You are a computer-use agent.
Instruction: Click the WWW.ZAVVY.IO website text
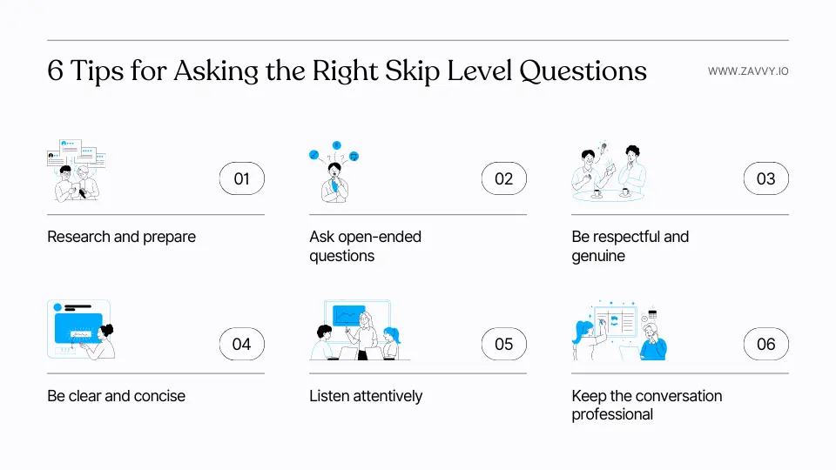coord(748,71)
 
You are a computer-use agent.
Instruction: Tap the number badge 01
coord(241,179)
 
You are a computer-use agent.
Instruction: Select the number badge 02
coord(504,179)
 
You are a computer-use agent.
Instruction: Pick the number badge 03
coord(765,179)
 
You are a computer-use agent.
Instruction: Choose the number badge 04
coord(241,344)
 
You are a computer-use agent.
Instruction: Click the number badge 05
coord(504,344)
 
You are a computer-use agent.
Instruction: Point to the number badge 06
coord(765,344)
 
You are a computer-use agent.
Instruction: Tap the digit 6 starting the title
coord(56,71)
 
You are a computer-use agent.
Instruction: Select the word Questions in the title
coord(583,71)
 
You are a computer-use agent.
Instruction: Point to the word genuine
coord(598,256)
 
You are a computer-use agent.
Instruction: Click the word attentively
coord(388,396)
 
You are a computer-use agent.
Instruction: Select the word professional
coord(612,414)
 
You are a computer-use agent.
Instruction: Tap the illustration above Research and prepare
coord(76,169)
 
